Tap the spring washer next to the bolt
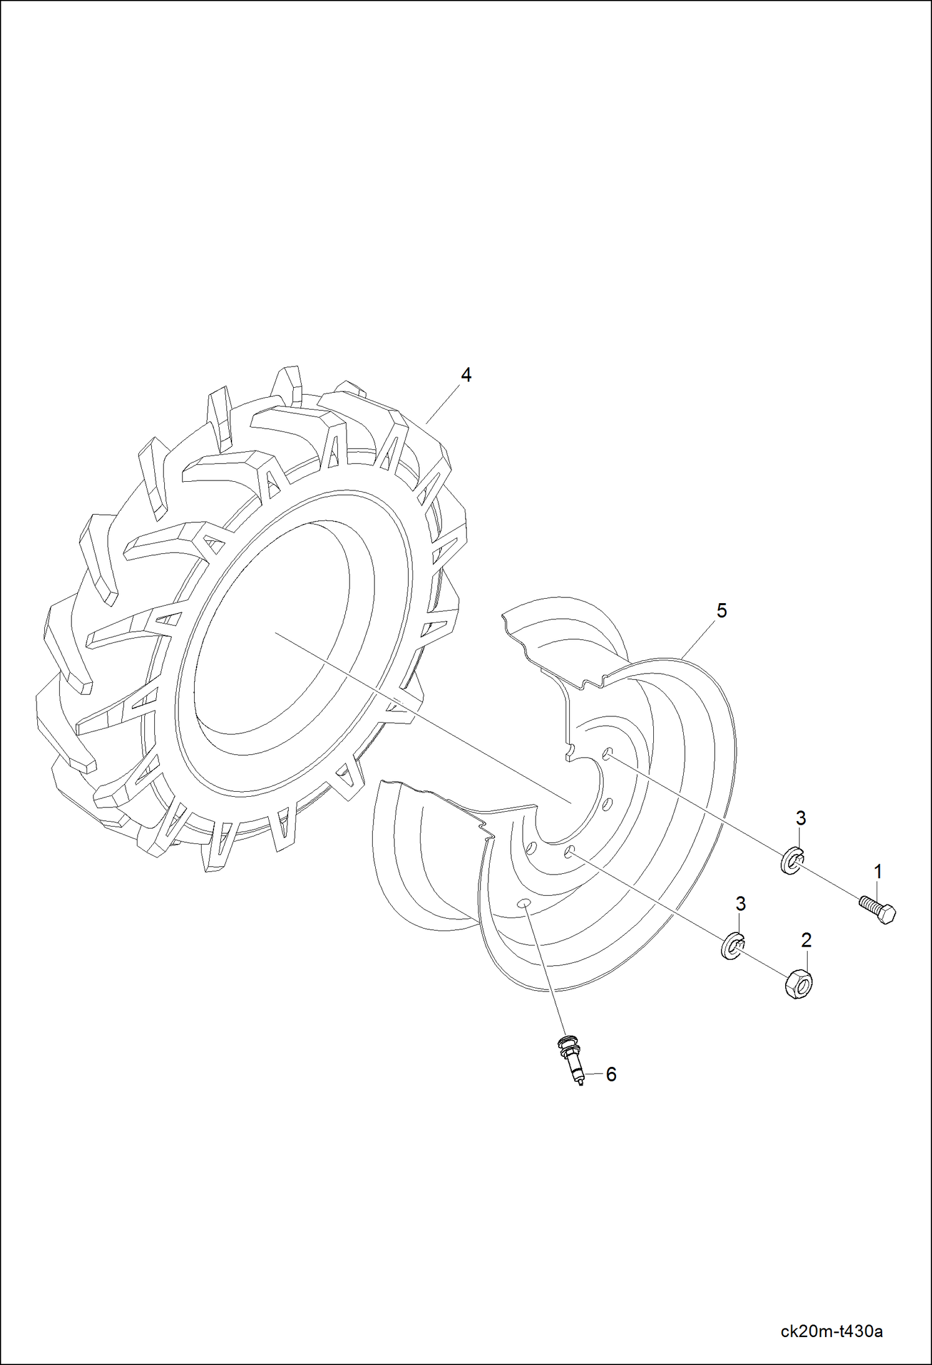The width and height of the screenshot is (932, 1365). point(791,861)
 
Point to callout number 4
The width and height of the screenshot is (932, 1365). point(466,375)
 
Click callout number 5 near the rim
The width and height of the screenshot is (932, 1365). point(721,611)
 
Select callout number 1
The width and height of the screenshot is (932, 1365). point(878,872)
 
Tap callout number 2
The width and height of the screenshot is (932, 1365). point(806,940)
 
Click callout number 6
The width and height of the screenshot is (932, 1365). point(611,1074)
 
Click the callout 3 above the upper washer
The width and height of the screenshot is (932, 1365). point(801,819)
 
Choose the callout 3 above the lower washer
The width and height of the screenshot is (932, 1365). point(740,903)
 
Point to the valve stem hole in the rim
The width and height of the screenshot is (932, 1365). point(524,903)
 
